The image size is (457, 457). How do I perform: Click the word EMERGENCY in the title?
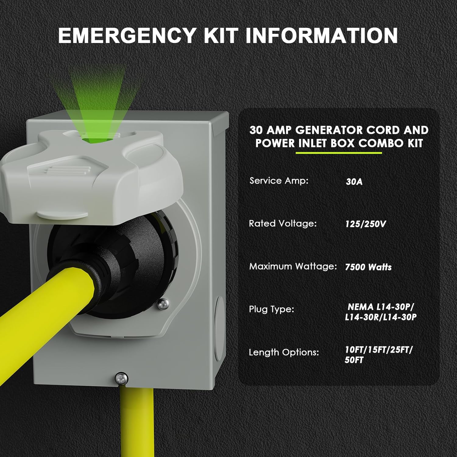127,36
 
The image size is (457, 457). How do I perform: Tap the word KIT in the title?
221,36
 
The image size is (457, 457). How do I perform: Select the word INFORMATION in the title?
321,36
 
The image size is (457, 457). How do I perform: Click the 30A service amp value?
354,182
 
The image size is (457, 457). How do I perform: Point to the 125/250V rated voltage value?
365,224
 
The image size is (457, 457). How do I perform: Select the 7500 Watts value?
368,267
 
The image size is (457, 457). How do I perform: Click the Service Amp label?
279,181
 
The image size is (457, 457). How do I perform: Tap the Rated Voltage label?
283,224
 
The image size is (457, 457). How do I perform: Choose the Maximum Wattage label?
293,266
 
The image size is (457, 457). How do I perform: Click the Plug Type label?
271,310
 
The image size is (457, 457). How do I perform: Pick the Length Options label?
284,352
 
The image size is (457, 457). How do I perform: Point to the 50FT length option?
354,360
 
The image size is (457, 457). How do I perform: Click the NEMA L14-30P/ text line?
381,307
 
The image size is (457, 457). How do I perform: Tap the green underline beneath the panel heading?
339,153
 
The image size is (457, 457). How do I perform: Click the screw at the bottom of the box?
122,379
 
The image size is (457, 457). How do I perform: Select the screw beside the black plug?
163,304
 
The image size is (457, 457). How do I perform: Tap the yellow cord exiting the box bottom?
137,422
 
